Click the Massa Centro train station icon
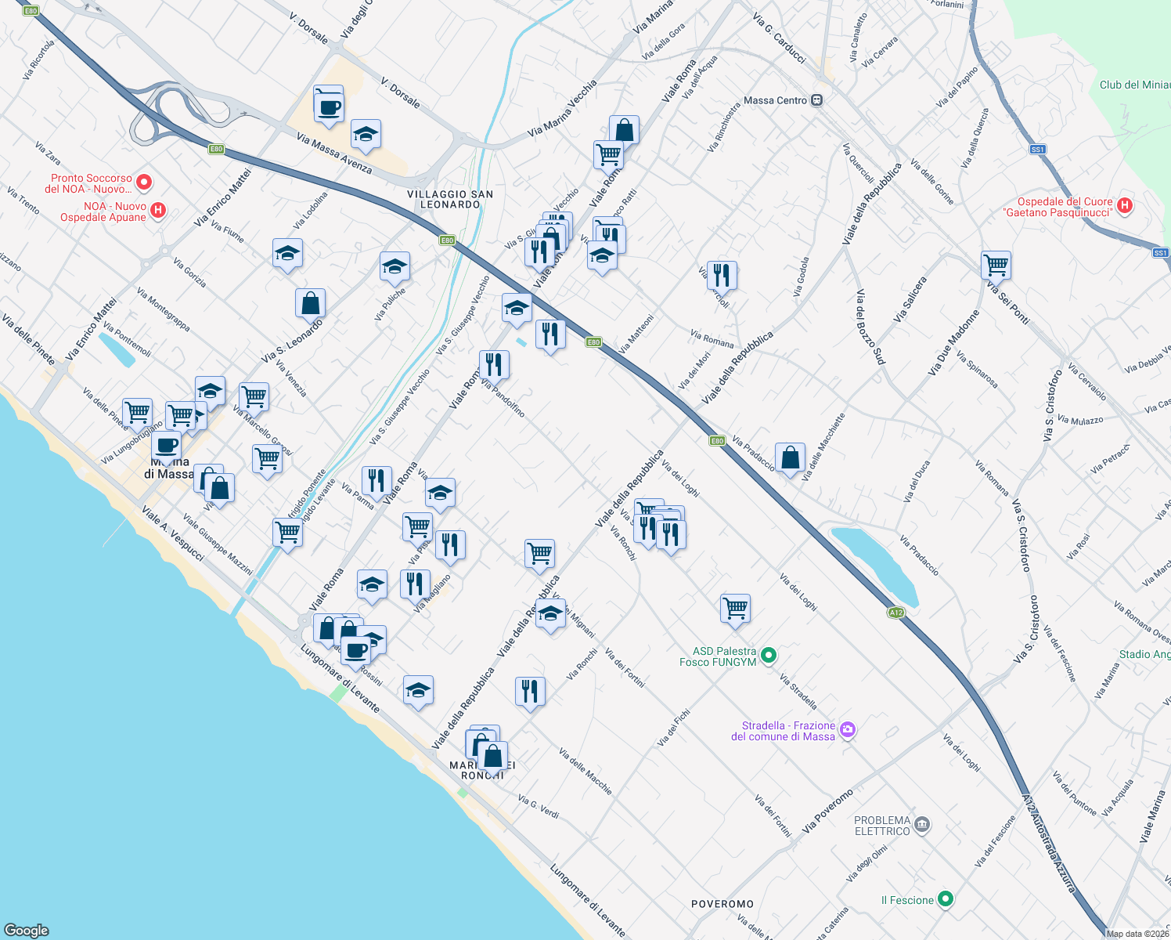click(817, 100)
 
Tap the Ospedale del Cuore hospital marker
click(1125, 206)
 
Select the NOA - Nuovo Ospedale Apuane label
click(104, 211)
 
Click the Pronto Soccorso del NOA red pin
click(144, 183)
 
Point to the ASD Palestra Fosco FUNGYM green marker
click(769, 656)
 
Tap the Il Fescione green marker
click(946, 899)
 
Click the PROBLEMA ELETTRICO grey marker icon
click(922, 825)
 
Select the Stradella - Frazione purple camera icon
click(847, 731)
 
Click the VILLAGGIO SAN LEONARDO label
click(450, 199)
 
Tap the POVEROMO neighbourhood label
click(722, 904)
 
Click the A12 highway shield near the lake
click(896, 613)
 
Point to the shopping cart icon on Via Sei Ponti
click(996, 265)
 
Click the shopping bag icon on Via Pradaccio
click(790, 457)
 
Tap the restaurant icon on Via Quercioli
click(722, 275)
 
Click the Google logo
click(27, 930)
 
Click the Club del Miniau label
click(1134, 85)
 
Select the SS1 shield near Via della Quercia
click(1037, 149)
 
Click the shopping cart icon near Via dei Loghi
click(735, 608)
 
